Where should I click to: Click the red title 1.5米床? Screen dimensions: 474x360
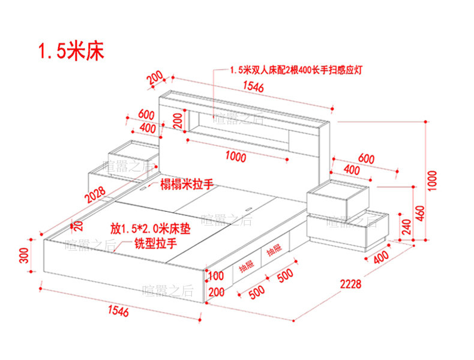point(71,50)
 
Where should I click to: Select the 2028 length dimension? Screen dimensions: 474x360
point(95,194)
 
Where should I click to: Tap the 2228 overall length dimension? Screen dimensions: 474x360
point(350,284)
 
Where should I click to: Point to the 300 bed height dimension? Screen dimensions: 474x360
point(24,256)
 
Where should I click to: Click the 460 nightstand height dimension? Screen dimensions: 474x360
point(421,214)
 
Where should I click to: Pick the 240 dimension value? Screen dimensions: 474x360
point(407,227)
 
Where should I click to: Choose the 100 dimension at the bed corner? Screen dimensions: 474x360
point(216,275)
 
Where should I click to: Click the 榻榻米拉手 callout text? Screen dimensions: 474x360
point(187,184)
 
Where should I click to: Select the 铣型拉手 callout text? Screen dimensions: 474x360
point(155,243)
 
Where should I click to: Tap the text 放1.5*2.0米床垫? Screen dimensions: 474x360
point(150,229)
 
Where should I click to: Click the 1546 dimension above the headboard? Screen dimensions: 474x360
point(253,87)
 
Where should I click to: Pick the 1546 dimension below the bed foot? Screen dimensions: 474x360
point(118,311)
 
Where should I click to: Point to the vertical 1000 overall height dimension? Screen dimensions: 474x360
point(433,181)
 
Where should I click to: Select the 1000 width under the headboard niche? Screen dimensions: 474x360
point(236,157)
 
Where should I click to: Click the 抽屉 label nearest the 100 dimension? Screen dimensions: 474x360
point(247,266)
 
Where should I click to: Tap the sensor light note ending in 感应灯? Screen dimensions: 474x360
point(296,70)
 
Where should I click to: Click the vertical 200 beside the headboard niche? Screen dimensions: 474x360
point(179,121)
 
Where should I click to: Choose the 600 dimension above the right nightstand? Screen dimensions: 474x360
point(367,158)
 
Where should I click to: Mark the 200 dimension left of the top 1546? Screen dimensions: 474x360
point(155,78)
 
